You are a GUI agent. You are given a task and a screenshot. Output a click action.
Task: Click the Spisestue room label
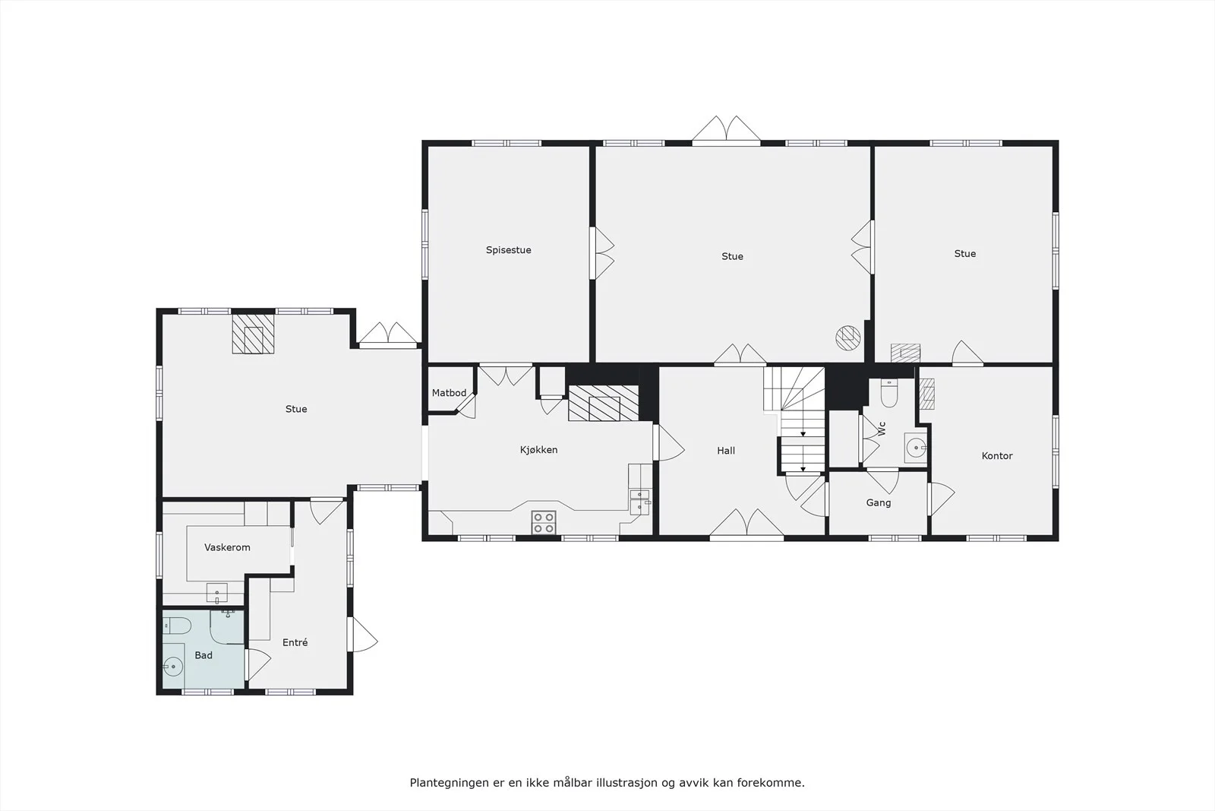pyautogui.click(x=508, y=250)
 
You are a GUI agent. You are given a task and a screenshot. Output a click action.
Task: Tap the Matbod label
pyautogui.click(x=449, y=392)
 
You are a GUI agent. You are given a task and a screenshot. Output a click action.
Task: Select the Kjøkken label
pyautogui.click(x=538, y=450)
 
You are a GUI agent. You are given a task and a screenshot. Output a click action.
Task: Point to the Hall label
pyautogui.click(x=726, y=451)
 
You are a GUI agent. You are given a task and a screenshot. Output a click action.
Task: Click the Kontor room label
pyautogui.click(x=997, y=456)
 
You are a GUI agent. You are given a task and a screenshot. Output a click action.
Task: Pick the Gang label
pyautogui.click(x=878, y=503)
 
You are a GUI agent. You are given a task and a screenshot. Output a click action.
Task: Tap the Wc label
pyautogui.click(x=882, y=428)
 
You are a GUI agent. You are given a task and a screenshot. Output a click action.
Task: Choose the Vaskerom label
pyautogui.click(x=227, y=547)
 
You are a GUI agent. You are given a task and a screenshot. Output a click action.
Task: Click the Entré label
pyautogui.click(x=295, y=642)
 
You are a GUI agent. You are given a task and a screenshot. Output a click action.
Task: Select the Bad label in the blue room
pyautogui.click(x=204, y=655)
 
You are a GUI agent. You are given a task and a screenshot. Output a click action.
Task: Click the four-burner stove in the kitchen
pyautogui.click(x=544, y=522)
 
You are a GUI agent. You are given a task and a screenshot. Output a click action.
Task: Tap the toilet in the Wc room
pyautogui.click(x=889, y=393)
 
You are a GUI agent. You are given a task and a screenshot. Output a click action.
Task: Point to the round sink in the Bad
pyautogui.click(x=173, y=666)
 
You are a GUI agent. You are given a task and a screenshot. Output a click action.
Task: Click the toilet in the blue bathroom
pyautogui.click(x=177, y=626)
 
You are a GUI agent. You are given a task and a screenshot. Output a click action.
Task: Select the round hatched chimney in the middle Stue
pyautogui.click(x=847, y=337)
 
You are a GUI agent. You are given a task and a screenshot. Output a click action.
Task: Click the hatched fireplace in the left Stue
pyautogui.click(x=254, y=334)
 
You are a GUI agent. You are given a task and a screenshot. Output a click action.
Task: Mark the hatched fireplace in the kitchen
pyautogui.click(x=604, y=404)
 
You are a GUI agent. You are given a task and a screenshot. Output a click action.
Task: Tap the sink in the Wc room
pyautogui.click(x=916, y=448)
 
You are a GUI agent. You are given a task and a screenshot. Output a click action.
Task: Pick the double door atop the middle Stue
pyautogui.click(x=726, y=130)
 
